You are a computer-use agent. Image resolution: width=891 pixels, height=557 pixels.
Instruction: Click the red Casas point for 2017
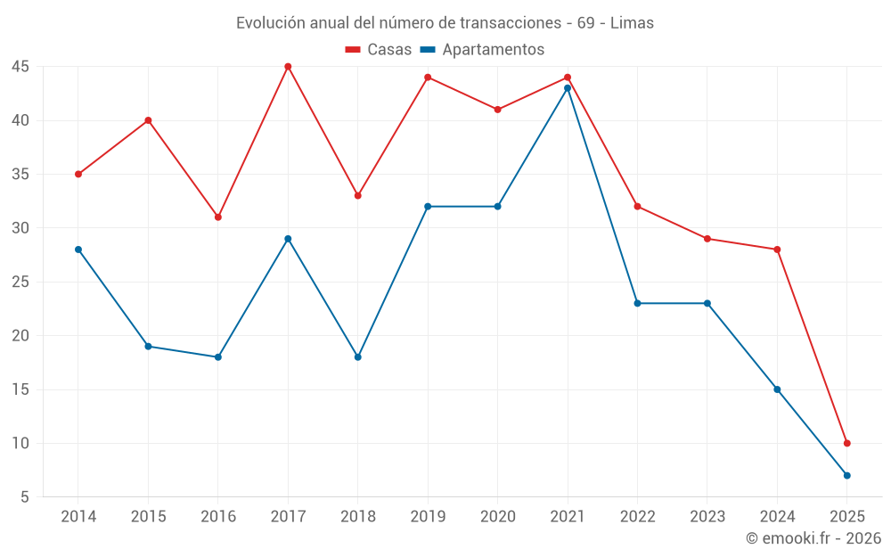point(288,67)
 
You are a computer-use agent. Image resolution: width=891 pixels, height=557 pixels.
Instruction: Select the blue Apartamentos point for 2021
point(568,88)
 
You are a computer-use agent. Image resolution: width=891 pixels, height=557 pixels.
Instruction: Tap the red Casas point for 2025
point(847,443)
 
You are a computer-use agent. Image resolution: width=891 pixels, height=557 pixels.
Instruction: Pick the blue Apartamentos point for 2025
point(847,475)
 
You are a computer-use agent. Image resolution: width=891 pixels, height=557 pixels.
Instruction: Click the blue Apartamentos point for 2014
point(78,250)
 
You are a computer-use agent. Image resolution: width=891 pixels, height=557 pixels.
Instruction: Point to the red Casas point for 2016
point(218,217)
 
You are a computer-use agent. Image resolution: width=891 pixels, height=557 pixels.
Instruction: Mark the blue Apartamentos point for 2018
point(358,356)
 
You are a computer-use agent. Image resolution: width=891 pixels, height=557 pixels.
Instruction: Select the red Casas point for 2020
point(498,110)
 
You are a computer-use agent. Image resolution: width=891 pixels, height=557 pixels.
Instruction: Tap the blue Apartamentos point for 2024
point(777,389)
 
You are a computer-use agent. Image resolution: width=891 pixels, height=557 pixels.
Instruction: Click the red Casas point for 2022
point(638,206)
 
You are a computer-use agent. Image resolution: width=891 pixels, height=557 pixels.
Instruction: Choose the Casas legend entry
point(379,50)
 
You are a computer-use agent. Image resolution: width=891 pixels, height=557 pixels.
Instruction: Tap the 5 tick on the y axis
point(25,497)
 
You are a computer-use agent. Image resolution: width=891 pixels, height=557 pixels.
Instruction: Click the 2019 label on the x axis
point(428,517)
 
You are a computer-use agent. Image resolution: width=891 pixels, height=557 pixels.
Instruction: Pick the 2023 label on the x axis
point(707,517)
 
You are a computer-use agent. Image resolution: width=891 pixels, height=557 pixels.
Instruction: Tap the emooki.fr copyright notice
point(813,538)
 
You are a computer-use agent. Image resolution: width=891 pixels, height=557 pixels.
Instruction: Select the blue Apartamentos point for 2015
point(148,346)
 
